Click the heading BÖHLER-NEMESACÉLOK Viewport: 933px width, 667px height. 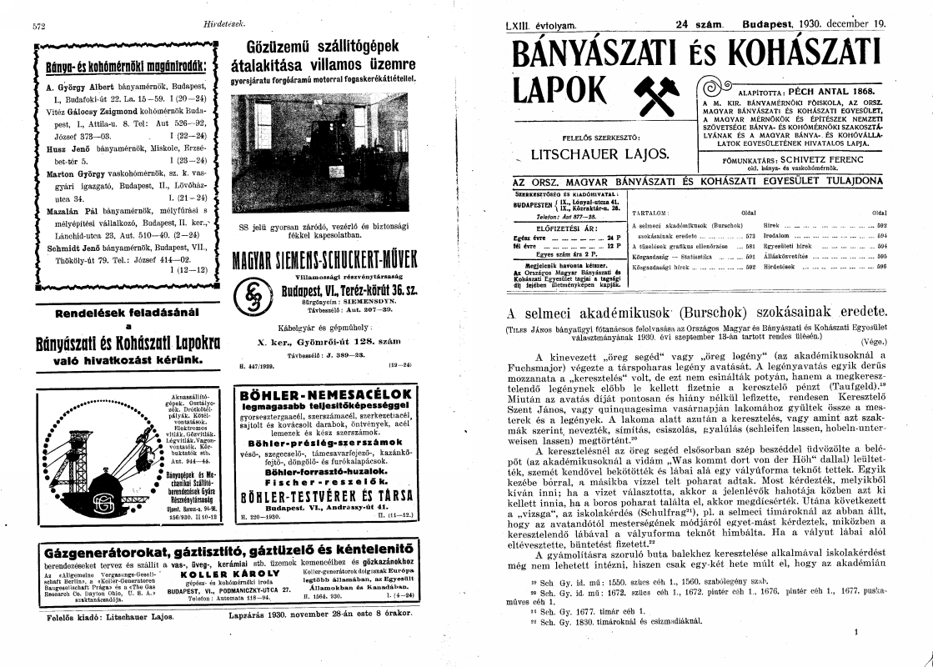click(325, 394)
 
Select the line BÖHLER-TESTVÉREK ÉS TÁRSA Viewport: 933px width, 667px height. click(325, 495)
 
